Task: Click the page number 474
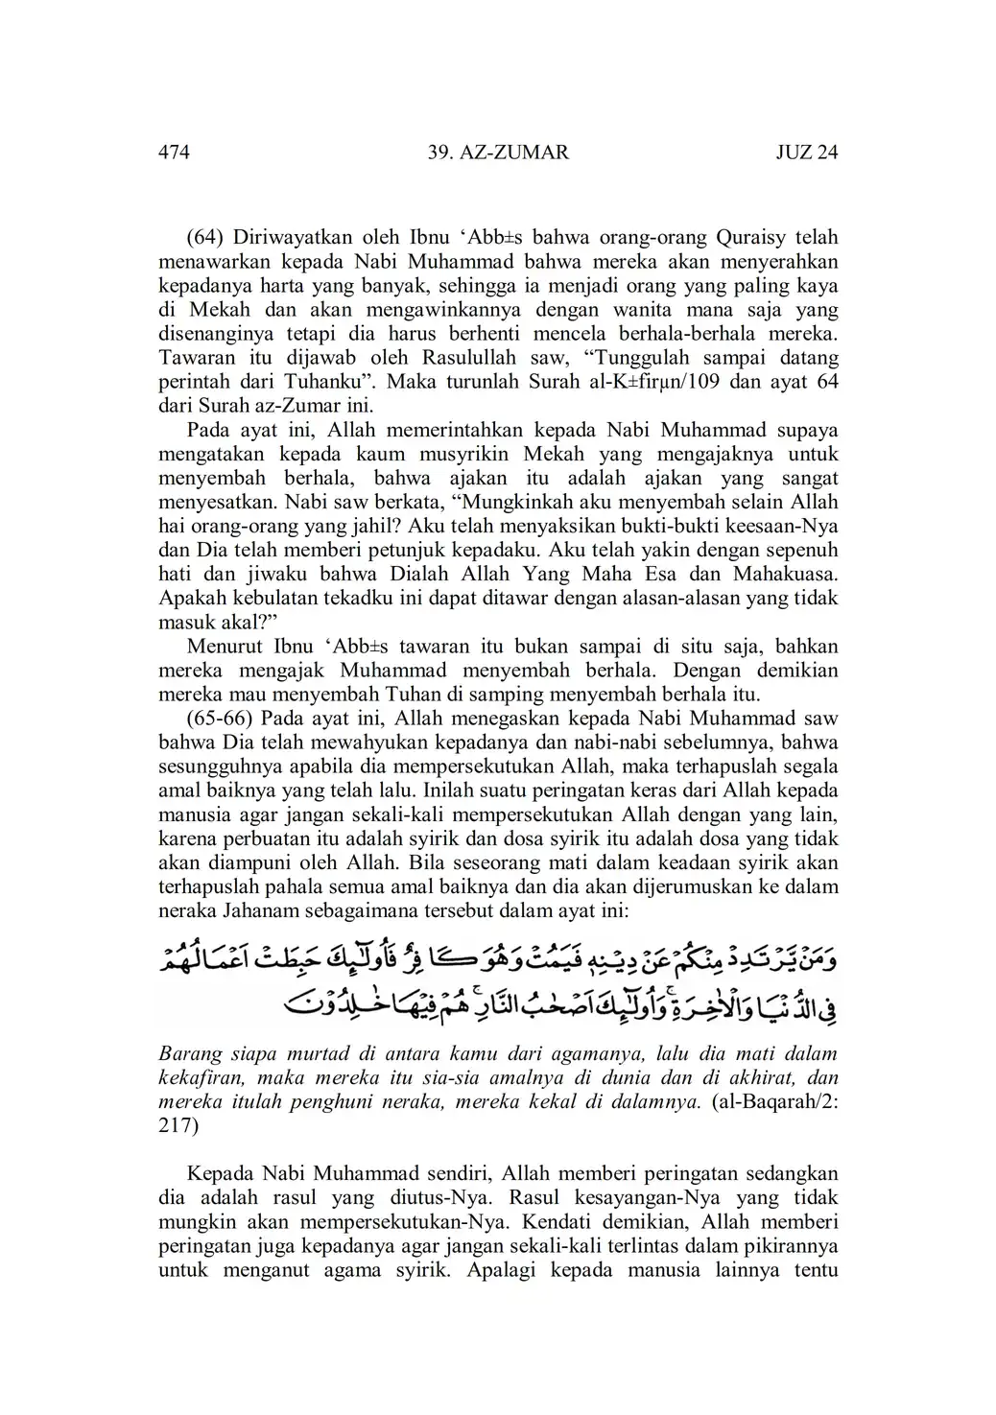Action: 174,153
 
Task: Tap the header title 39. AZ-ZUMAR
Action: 497,153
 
